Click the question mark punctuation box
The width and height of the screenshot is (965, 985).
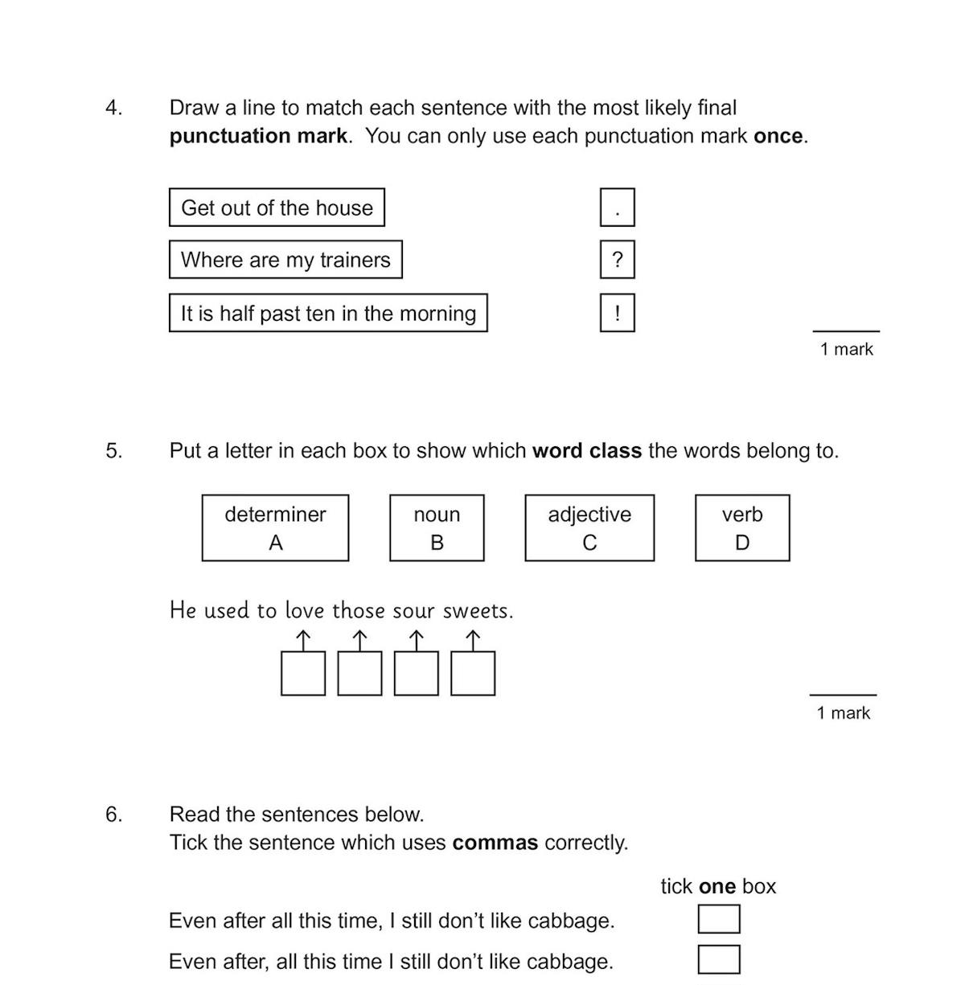tap(617, 260)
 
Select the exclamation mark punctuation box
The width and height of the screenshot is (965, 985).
tap(617, 313)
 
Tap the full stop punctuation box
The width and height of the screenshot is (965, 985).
tap(617, 207)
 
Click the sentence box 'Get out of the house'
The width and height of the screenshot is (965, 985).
tap(277, 207)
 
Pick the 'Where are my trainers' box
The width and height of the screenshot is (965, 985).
tap(285, 260)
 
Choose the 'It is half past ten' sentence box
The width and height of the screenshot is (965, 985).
tap(328, 313)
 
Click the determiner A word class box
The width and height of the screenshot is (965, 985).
tap(275, 527)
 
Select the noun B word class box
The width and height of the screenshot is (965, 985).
tap(437, 527)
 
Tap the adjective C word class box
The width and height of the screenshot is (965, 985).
tap(589, 527)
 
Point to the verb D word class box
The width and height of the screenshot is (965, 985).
tap(742, 527)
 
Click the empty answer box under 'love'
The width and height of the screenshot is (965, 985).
tap(303, 673)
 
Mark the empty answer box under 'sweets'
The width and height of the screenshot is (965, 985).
tap(473, 673)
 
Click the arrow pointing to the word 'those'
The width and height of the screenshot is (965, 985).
tap(359, 640)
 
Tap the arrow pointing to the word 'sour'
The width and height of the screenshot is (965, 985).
tap(416, 640)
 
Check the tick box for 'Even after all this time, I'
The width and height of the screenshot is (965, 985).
tap(718, 919)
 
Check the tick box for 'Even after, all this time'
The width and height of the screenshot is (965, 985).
tap(718, 959)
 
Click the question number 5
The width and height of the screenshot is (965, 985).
tap(114, 451)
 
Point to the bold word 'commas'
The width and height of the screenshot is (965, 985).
tap(495, 843)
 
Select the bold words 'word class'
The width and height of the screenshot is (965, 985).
tap(586, 451)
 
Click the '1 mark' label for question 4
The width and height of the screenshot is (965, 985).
tap(846, 349)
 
